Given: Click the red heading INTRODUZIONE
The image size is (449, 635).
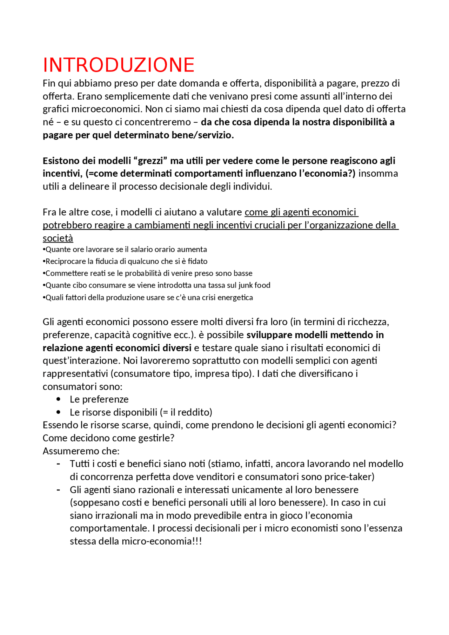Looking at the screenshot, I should click(118, 65).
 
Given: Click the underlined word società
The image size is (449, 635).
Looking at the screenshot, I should click(58, 238).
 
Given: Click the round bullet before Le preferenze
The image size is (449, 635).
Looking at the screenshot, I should click(58, 399).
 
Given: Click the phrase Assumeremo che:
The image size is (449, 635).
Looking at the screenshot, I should click(81, 451).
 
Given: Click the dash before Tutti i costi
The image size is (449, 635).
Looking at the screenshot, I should click(58, 464).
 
